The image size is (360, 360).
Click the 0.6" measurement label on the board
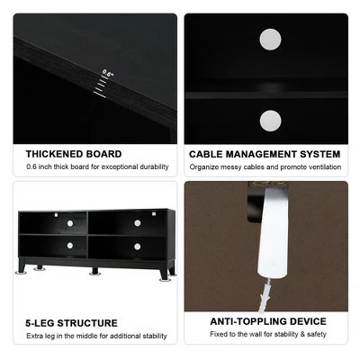click(x=108, y=73)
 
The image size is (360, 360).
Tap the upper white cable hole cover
click(x=270, y=40)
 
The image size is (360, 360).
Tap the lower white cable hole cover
click(x=270, y=121)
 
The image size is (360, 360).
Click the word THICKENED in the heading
click(x=55, y=154)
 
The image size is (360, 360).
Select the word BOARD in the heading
click(x=104, y=154)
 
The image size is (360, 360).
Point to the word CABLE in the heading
click(x=206, y=154)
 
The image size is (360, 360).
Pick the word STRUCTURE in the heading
click(x=87, y=323)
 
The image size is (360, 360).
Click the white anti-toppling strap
click(x=273, y=232)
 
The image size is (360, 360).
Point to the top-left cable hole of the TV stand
click(x=70, y=223)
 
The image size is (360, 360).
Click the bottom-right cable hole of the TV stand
click(x=138, y=247)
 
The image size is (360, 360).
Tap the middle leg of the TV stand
click(x=94, y=271)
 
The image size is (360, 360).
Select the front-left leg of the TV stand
click(x=22, y=267)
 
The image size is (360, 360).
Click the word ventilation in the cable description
click(x=326, y=166)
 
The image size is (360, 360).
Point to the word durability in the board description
click(x=154, y=166)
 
